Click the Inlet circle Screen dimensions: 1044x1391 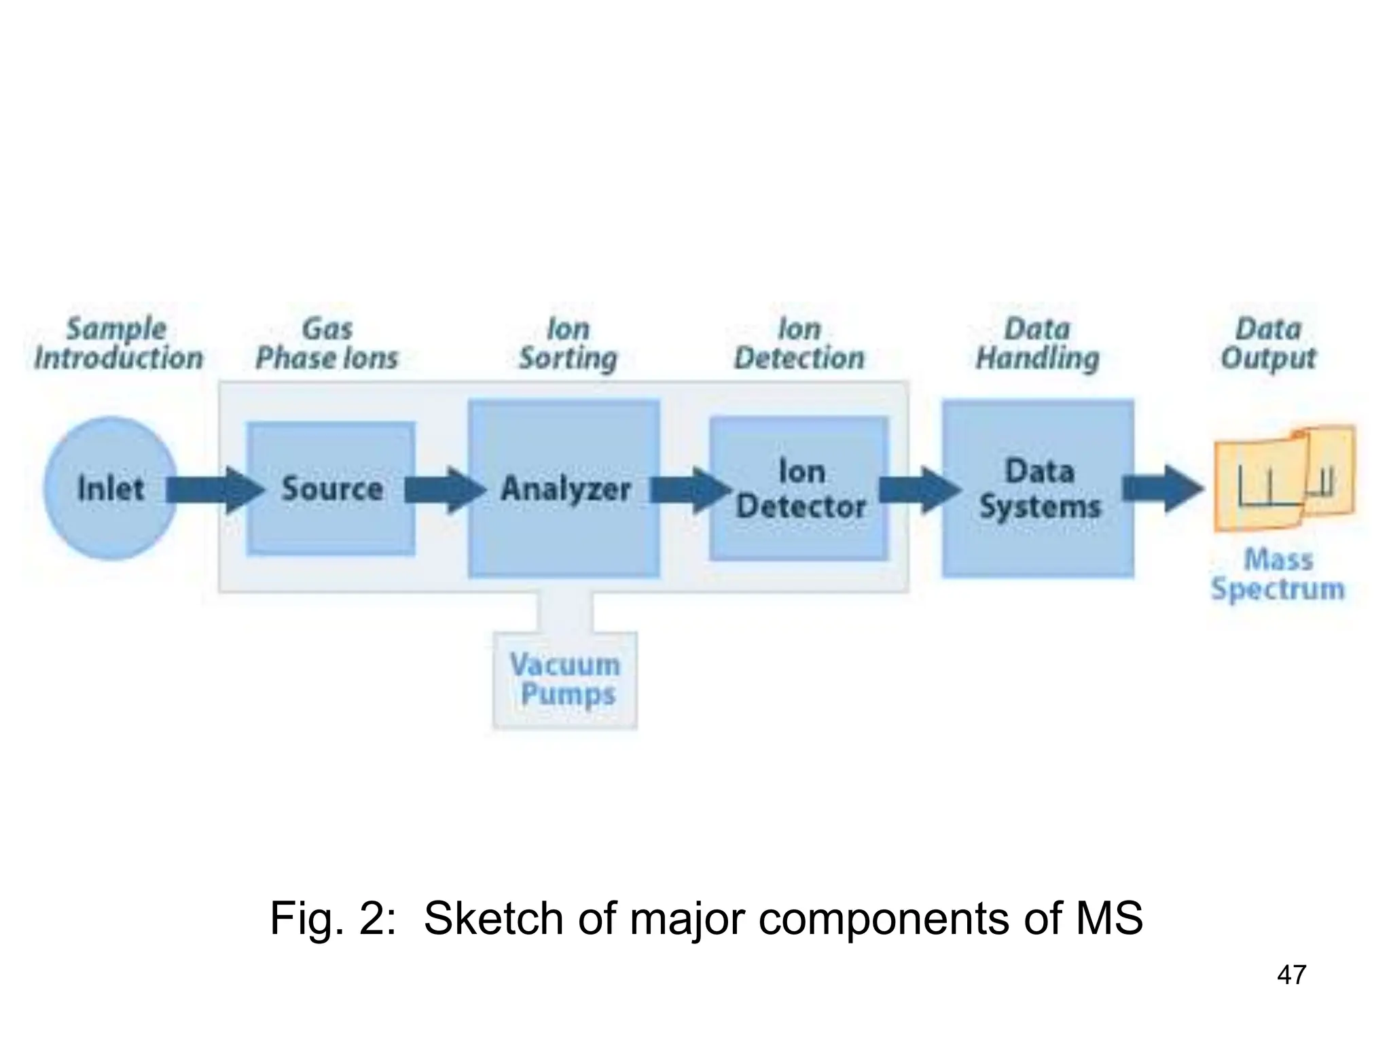[x=111, y=488]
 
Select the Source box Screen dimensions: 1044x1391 [x=331, y=488]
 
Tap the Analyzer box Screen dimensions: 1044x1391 [x=564, y=488]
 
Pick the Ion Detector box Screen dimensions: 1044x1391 [x=799, y=488]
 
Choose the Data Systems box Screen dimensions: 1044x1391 [x=1038, y=488]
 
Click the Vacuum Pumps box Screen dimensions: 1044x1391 [x=565, y=680]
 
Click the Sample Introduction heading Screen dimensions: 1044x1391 [x=118, y=343]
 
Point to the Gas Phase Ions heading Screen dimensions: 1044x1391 [x=327, y=343]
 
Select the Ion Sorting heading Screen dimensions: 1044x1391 [x=568, y=343]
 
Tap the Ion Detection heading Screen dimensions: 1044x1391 [x=799, y=343]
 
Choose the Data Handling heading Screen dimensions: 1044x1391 [x=1037, y=343]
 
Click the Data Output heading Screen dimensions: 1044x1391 [x=1268, y=343]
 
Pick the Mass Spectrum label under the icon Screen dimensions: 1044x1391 [x=1278, y=574]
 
